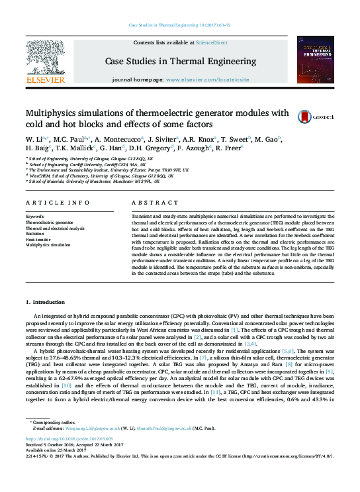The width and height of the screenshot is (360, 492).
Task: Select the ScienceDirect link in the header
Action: point(211,42)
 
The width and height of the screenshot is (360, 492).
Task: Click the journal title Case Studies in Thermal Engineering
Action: point(180,62)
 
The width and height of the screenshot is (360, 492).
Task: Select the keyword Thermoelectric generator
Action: point(50,222)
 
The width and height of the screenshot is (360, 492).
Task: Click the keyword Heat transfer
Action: point(38,239)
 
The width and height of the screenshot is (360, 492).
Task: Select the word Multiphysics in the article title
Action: point(52,112)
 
